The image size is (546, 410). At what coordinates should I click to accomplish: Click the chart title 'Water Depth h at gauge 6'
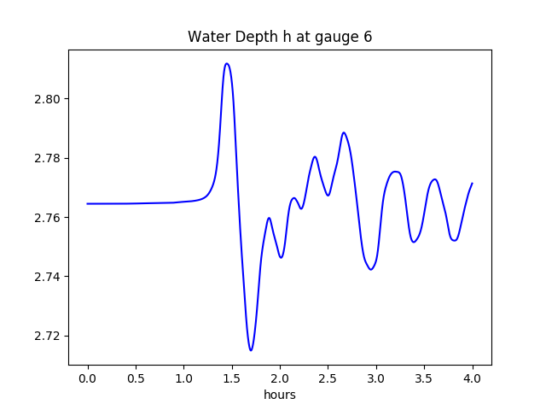tap(280, 38)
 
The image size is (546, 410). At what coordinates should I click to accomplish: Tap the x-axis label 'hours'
tap(280, 395)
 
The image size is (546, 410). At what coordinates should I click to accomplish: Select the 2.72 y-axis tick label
tap(48, 336)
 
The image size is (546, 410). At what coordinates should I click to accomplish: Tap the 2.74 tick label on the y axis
tap(48, 277)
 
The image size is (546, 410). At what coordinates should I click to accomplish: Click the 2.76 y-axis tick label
tap(48, 218)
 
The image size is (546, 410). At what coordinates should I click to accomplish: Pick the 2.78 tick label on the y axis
tap(48, 159)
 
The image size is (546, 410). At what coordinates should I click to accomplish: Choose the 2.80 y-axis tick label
tap(48, 99)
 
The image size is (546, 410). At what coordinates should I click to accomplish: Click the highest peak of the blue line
tap(226, 63)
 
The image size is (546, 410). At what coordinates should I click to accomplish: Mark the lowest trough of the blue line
tap(251, 350)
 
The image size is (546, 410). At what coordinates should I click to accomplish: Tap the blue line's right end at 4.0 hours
tap(472, 184)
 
